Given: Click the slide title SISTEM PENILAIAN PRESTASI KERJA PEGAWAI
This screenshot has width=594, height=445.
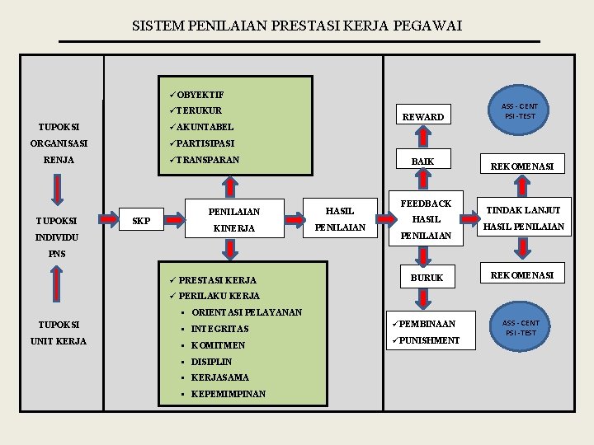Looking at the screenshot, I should (297, 26).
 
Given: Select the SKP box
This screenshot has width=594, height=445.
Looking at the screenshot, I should (142, 221).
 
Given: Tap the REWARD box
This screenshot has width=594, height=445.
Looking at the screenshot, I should (422, 117).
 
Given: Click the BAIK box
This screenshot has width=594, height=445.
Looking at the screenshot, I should (422, 161).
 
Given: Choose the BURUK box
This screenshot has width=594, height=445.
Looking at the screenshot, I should (427, 278).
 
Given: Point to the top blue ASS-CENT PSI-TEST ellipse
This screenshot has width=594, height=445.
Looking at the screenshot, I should (520, 110).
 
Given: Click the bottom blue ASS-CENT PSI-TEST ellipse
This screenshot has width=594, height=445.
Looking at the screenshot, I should (520, 328).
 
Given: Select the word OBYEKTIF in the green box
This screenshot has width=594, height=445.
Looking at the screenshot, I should (200, 95).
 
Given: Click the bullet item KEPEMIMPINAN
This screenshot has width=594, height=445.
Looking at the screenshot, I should (228, 394).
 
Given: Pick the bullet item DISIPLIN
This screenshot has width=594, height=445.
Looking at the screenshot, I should (211, 362).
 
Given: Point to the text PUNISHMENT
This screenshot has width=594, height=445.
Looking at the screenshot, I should (429, 340).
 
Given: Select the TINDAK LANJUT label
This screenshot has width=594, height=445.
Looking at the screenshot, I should (524, 210).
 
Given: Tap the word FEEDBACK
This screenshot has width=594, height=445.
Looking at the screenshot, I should (426, 204).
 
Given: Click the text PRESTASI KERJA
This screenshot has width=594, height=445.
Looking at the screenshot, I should (217, 280).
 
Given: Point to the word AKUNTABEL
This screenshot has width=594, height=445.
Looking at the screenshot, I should (205, 127).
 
